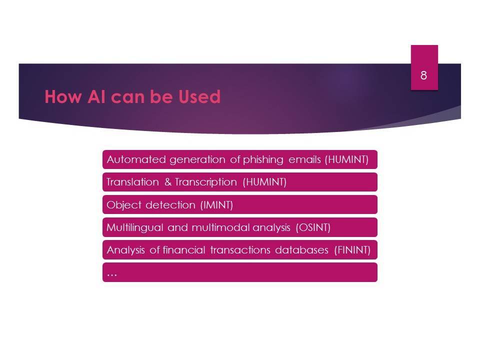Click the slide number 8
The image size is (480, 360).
(423, 75)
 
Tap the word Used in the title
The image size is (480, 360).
(199, 96)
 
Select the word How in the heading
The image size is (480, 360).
(63, 96)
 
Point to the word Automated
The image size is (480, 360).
(136, 159)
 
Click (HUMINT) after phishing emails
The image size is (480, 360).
(346, 159)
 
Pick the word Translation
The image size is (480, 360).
(132, 182)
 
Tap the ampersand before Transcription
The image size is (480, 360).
(168, 182)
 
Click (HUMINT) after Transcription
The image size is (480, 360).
(264, 182)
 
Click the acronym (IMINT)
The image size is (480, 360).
(216, 205)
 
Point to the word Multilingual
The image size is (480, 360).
(134, 228)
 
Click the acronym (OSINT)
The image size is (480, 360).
(313, 227)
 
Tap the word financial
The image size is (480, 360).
(183, 250)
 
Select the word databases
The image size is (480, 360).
(302, 250)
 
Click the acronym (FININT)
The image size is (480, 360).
(352, 250)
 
